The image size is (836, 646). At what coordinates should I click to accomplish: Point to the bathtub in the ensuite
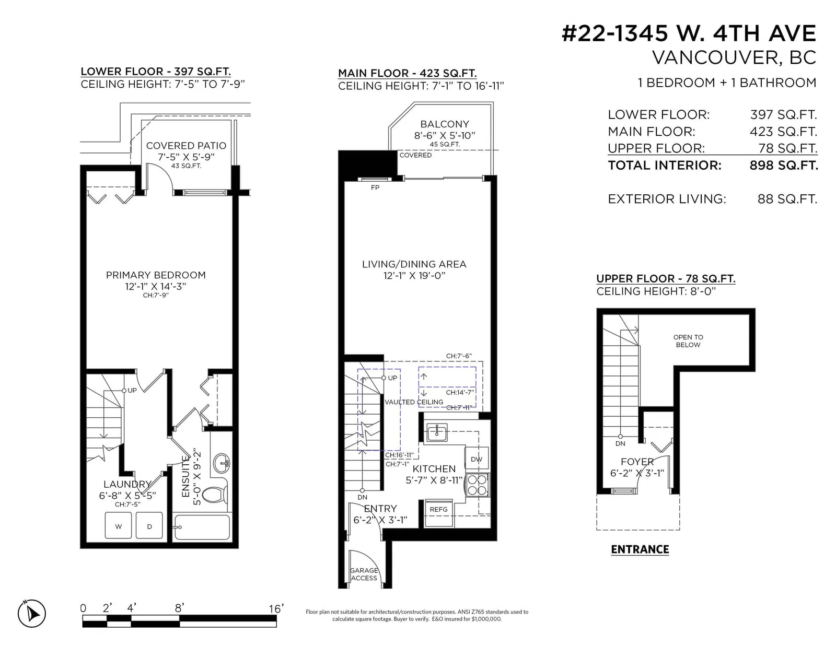202,527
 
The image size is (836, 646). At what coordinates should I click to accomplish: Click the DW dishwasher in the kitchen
477,459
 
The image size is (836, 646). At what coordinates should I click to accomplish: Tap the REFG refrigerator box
438,513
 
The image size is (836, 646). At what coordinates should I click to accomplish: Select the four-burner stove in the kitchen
478,485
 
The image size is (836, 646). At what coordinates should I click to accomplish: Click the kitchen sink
437,432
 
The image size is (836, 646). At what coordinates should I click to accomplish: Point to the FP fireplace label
375,187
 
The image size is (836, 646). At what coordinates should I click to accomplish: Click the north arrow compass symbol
32,613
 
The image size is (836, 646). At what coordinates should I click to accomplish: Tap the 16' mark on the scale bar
276,608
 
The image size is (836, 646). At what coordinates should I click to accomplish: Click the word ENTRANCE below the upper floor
640,549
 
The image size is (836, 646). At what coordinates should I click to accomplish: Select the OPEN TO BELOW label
688,341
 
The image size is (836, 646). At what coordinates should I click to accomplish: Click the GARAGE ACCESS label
364,574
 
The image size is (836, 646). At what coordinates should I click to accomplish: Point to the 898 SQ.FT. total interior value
784,166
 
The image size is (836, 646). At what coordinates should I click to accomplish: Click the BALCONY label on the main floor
445,124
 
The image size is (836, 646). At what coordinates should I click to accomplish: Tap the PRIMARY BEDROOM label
156,275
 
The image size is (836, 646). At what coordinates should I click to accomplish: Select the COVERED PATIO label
186,146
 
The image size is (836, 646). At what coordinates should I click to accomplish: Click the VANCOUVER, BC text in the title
734,57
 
